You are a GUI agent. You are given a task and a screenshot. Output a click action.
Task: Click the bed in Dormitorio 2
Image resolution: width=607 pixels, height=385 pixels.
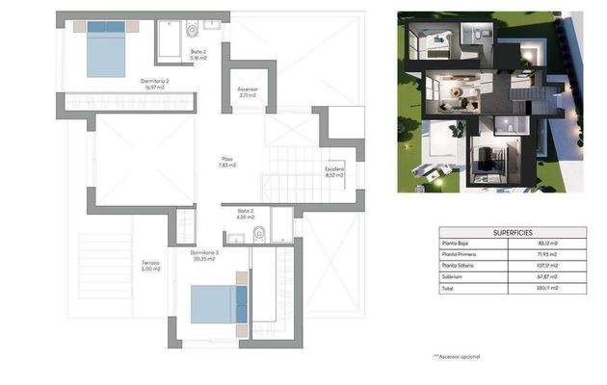point(109,51)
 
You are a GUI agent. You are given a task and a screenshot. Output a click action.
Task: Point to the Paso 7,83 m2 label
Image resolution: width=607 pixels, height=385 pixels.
point(226,163)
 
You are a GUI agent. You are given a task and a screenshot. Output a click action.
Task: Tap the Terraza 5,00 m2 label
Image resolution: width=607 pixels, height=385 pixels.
point(149,265)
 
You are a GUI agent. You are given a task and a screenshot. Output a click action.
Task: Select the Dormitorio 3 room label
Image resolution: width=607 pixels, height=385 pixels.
point(204,255)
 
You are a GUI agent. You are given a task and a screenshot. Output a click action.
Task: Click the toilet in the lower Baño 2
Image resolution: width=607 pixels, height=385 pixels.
point(259,233)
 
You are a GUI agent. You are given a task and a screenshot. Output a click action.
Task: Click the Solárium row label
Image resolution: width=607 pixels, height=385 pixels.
point(452,277)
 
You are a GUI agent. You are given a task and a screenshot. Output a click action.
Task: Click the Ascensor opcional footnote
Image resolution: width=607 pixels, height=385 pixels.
point(457,357)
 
